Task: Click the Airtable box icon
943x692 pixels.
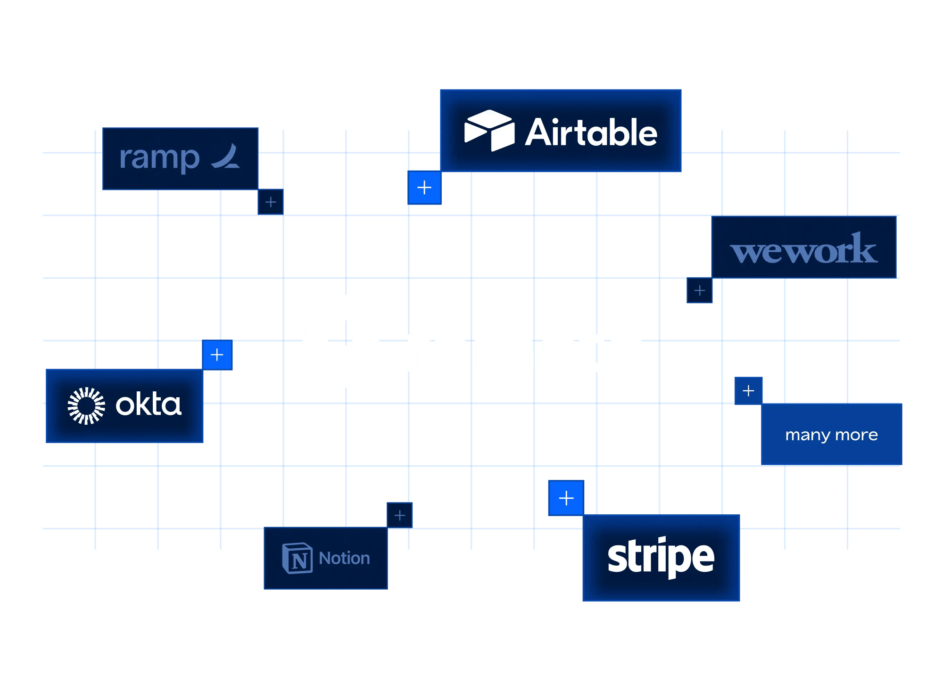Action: click(x=489, y=131)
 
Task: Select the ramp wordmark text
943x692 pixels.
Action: click(x=159, y=158)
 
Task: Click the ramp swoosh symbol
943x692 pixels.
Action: click(x=227, y=157)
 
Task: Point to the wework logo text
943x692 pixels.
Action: click(x=803, y=249)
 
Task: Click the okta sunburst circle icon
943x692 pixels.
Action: click(x=86, y=406)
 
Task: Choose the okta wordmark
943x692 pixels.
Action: click(x=149, y=405)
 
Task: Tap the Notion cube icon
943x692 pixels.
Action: click(x=298, y=558)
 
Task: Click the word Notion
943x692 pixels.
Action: click(x=344, y=558)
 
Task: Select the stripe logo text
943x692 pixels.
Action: click(x=661, y=557)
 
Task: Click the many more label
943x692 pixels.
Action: click(x=831, y=435)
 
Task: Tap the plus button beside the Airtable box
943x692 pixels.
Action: click(x=424, y=188)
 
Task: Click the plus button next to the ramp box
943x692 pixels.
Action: click(x=271, y=202)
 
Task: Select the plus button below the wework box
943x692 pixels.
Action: click(x=700, y=290)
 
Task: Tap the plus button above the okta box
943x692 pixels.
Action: click(x=217, y=355)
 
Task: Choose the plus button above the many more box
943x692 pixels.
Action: click(x=748, y=391)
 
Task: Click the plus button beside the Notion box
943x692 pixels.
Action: click(x=400, y=515)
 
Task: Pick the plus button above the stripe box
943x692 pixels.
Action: click(x=566, y=498)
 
